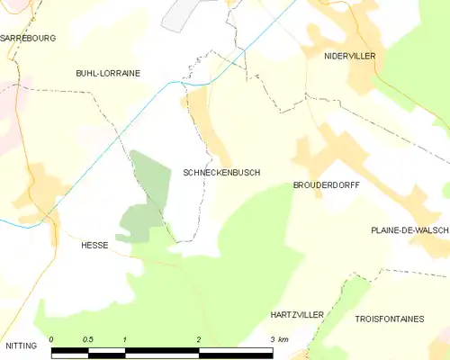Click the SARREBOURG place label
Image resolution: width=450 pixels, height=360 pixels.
tap(27, 39)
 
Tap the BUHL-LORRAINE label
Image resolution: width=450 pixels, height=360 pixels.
tap(108, 74)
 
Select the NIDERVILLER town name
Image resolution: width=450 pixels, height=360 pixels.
tap(349, 56)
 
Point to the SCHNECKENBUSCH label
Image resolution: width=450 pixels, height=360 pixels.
tap(221, 172)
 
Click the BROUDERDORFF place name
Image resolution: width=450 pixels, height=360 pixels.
tap(326, 184)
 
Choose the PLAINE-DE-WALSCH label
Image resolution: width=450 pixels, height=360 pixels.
tap(409, 230)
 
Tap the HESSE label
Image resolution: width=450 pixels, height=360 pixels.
tap(94, 245)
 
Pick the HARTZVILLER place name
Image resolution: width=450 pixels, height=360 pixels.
tap(297, 316)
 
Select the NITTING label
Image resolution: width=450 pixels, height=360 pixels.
tap(21, 345)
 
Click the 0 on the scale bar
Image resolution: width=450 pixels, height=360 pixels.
tap(51, 339)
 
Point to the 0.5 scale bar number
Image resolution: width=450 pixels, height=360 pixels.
tap(87, 339)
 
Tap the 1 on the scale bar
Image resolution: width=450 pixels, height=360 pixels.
tap(125, 339)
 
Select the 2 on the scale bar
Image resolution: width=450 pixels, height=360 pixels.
tap(198, 339)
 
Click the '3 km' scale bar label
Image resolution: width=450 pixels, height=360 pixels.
tap(278, 339)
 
